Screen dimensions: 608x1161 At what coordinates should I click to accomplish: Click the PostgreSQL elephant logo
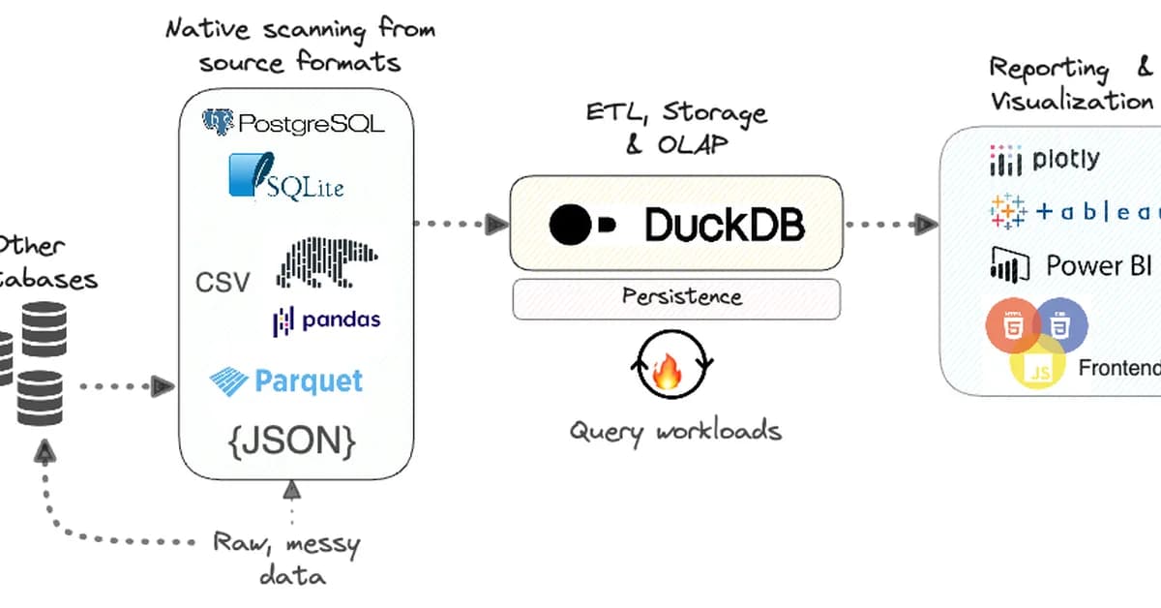click(x=220, y=123)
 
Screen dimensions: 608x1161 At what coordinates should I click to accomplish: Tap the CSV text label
click(x=223, y=282)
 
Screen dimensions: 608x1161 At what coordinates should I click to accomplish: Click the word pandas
click(x=340, y=319)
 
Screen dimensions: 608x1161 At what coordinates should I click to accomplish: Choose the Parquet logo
click(x=286, y=380)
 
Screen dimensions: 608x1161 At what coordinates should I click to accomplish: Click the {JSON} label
click(x=292, y=441)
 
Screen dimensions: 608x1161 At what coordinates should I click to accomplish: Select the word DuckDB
click(x=724, y=226)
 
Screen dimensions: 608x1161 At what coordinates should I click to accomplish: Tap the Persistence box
click(x=676, y=297)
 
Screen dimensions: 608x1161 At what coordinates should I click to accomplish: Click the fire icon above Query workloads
click(x=669, y=371)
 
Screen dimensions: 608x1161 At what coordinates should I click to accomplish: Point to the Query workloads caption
click(x=674, y=430)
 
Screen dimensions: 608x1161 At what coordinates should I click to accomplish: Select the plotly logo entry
click(x=1045, y=160)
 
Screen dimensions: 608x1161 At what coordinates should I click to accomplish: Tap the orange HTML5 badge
click(x=1012, y=325)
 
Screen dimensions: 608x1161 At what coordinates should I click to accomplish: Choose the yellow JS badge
click(x=1035, y=369)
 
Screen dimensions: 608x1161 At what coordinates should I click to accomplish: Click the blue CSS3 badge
click(x=1061, y=324)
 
